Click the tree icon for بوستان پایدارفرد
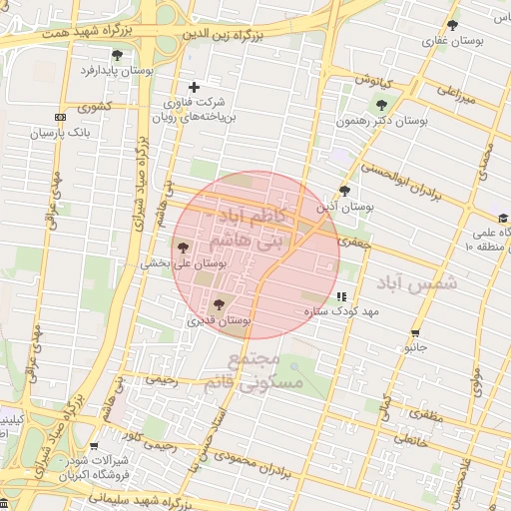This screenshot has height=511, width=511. pyautogui.click(x=118, y=55)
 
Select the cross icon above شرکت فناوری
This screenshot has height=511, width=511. pyautogui.click(x=194, y=87)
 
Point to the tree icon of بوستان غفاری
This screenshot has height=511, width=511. pyautogui.click(x=452, y=25)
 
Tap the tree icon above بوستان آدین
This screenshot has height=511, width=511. pyautogui.click(x=344, y=191)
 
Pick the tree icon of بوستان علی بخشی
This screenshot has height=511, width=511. pyautogui.click(x=183, y=248)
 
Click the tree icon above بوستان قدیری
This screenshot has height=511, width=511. pyautogui.click(x=219, y=304)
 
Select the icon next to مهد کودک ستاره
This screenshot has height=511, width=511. pyautogui.click(x=342, y=296)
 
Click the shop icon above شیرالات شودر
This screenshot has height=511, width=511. pyautogui.click(x=94, y=446)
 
